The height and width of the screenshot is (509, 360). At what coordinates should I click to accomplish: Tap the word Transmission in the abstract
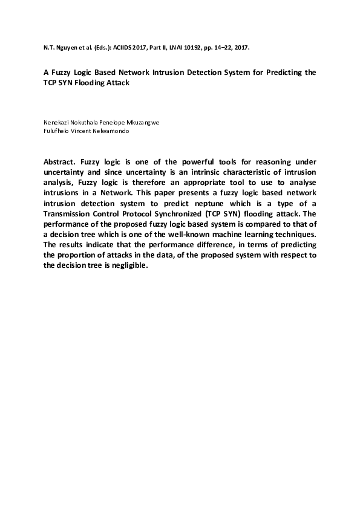71,214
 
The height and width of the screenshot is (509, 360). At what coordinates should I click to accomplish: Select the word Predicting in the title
280,72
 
